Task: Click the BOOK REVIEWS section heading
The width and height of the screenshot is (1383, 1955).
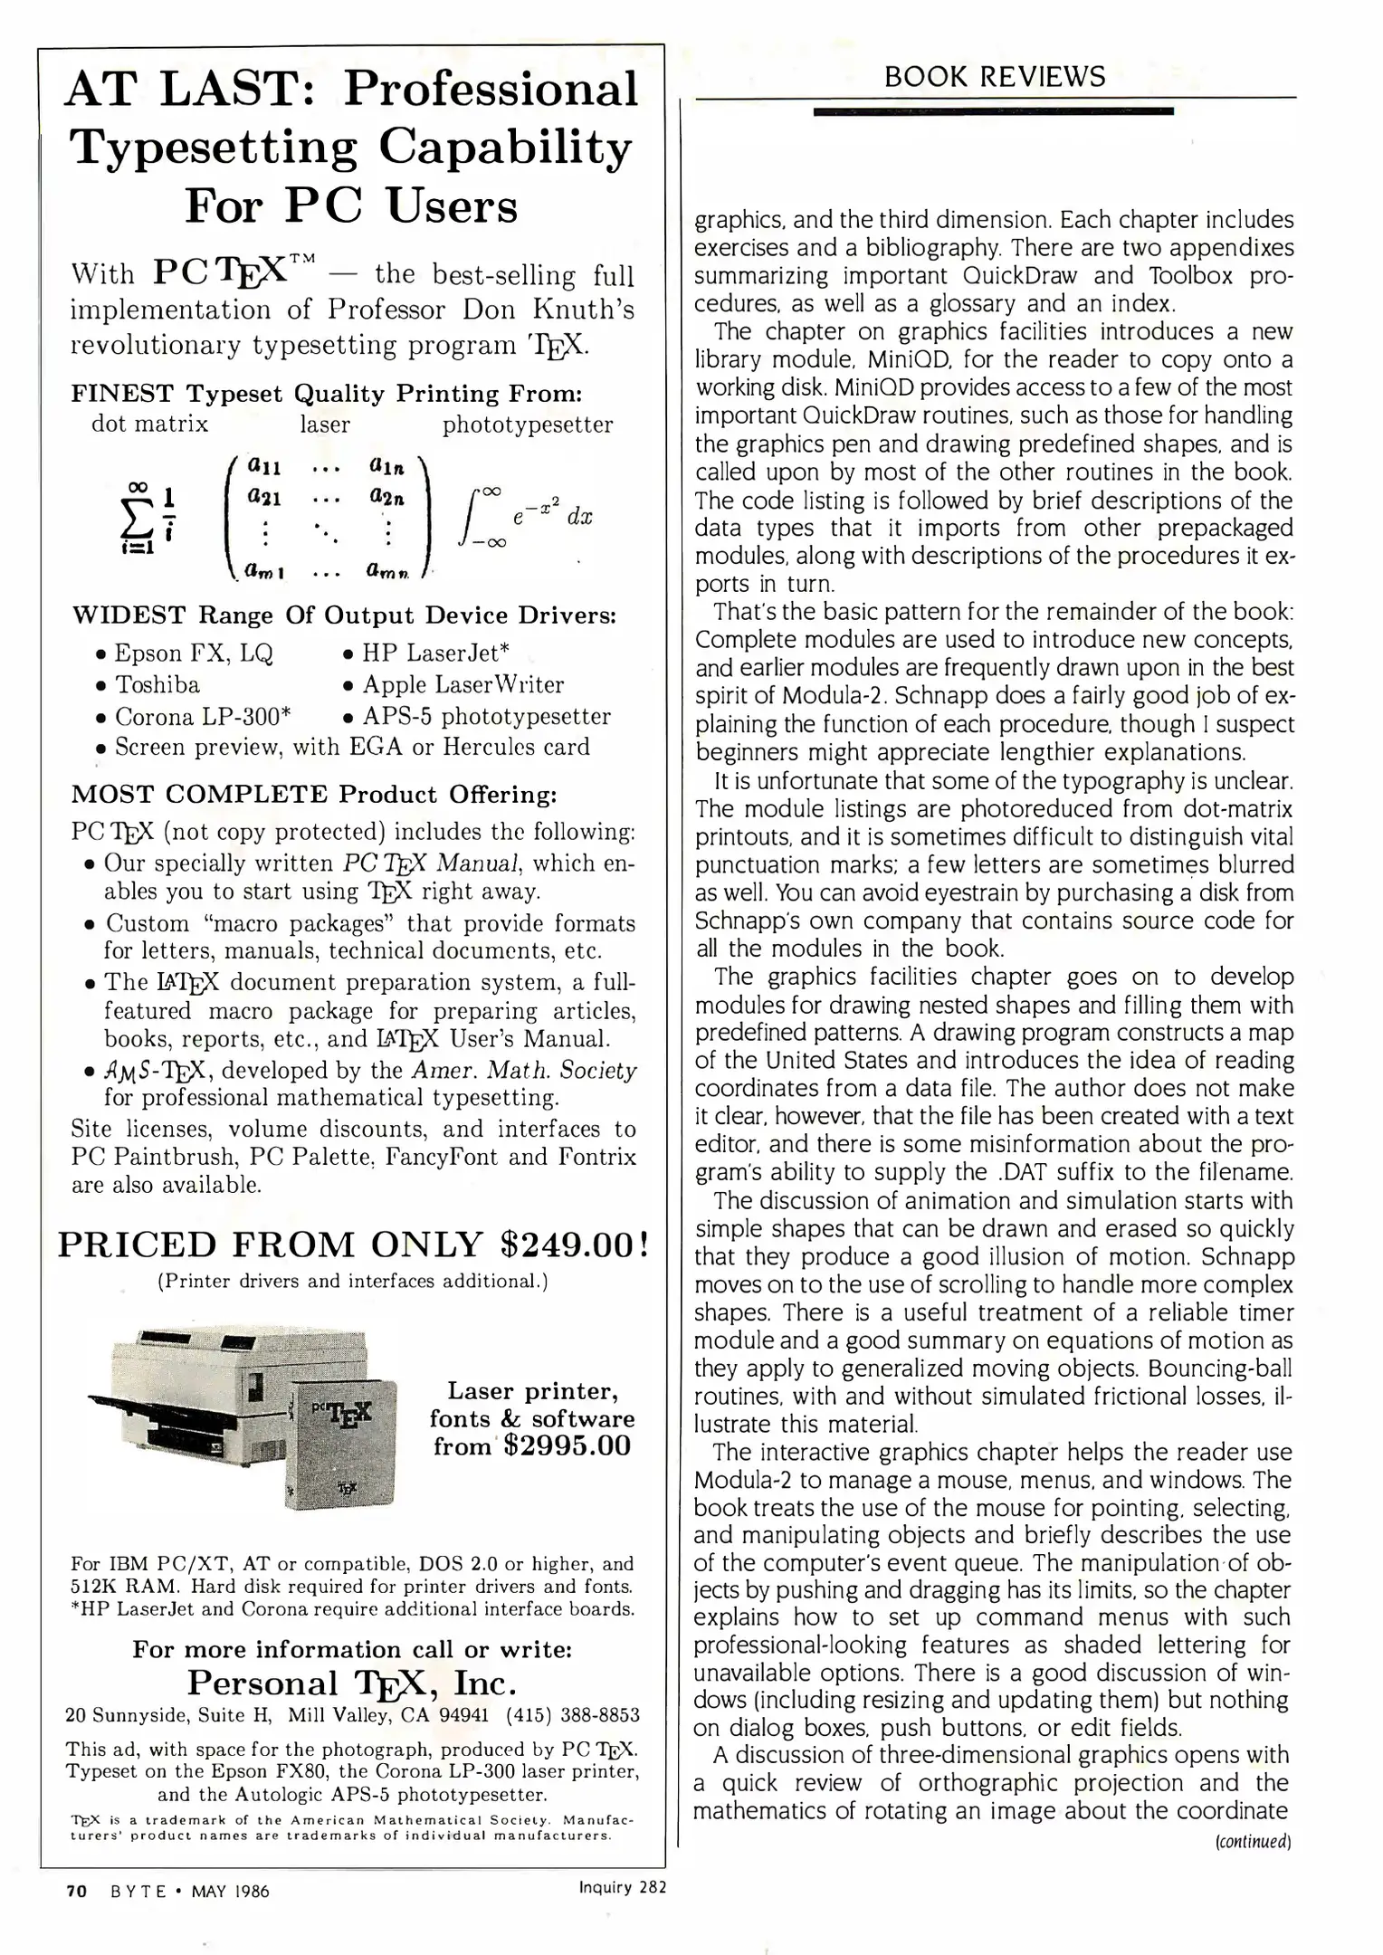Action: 994,77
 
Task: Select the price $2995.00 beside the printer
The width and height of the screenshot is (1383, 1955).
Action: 567,1445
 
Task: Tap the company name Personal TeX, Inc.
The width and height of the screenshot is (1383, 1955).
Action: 352,1683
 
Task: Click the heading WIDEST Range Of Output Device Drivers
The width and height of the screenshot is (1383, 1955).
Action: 344,615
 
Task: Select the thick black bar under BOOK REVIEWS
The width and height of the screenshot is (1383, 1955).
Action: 993,111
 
